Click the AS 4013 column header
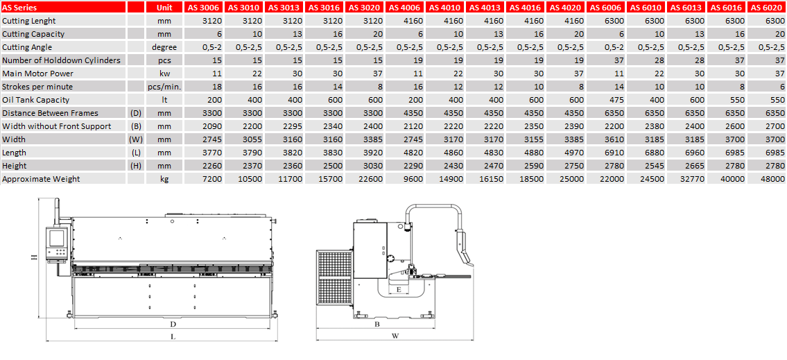[x=485, y=8]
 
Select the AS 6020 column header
[x=766, y=8]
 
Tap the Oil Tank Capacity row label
[x=36, y=100]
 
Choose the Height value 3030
[x=373, y=166]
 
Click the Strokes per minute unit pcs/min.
[x=164, y=87]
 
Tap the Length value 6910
[x=612, y=153]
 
